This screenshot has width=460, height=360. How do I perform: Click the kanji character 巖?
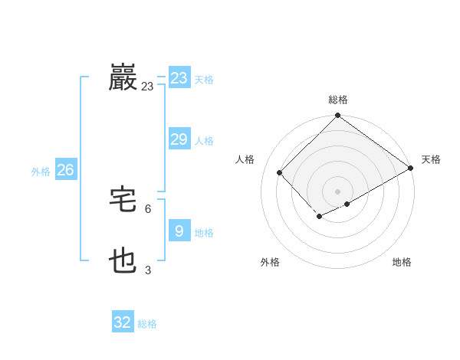[x=123, y=78]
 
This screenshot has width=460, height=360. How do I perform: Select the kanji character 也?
[x=123, y=262]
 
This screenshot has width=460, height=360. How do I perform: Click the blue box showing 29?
[x=179, y=139]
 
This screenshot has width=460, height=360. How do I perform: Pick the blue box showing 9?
[x=179, y=231]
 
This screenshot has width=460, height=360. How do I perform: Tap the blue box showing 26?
[x=65, y=170]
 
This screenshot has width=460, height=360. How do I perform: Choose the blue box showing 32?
[x=123, y=322]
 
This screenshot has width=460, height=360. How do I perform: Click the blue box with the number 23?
[x=179, y=78]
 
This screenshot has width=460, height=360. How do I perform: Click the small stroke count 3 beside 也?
[x=148, y=270]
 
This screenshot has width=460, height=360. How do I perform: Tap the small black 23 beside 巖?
[x=147, y=87]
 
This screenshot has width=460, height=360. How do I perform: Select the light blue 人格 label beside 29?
[x=205, y=141]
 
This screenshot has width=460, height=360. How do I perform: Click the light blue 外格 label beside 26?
[x=41, y=172]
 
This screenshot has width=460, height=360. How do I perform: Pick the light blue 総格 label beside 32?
[x=147, y=324]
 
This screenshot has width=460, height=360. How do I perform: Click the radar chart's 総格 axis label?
[x=338, y=100]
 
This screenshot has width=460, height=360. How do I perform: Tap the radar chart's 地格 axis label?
[x=402, y=262]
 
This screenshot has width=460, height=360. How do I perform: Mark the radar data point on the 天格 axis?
[x=411, y=169]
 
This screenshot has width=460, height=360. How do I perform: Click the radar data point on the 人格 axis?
[x=280, y=172]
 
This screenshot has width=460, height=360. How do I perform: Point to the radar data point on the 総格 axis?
[x=338, y=116]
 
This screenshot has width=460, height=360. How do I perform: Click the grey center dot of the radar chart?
[x=338, y=191]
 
